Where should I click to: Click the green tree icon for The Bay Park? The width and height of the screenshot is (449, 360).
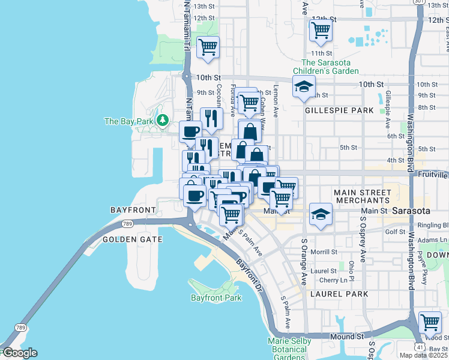pos(162,121)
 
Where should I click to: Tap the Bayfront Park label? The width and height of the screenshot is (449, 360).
pos(216,298)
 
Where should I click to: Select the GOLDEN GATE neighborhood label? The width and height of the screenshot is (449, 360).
pos(133,239)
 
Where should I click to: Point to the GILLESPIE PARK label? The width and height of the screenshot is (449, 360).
pos(339,110)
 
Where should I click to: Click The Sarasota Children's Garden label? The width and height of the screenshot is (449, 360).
pos(330,67)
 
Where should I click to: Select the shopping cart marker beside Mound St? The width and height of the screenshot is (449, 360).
pos(430,323)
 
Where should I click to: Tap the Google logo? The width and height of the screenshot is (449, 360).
pos(19,353)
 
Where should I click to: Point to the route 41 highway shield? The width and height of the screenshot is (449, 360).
pos(419,347)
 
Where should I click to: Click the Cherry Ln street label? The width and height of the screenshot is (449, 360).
pos(333,280)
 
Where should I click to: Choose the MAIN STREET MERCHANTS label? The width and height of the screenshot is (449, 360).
pos(363,196)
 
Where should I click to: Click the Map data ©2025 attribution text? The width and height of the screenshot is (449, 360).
pos(423,355)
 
